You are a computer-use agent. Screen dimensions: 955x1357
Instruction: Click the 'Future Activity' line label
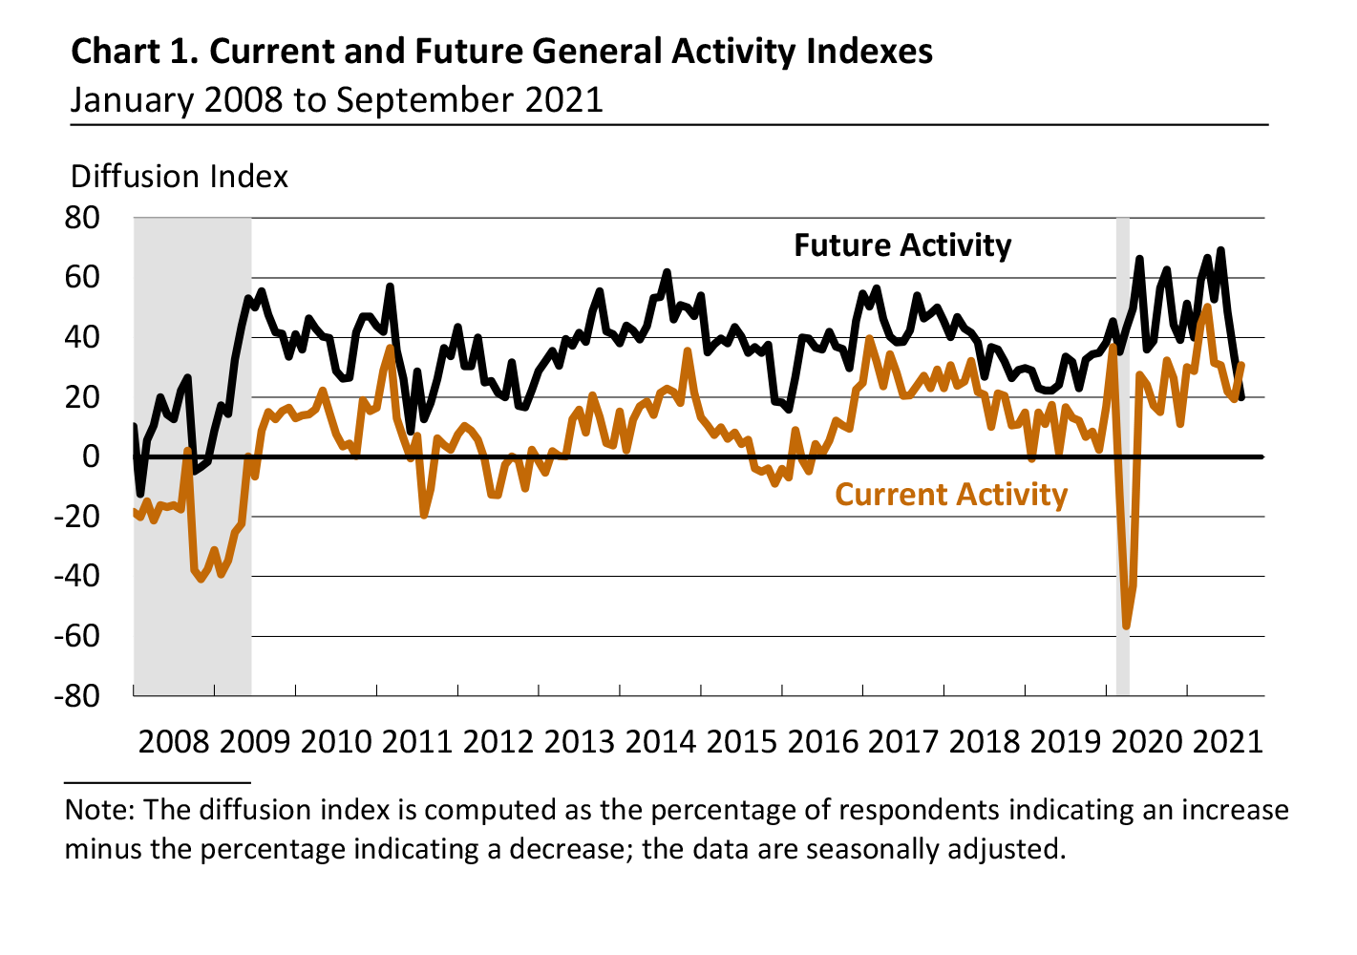point(902,245)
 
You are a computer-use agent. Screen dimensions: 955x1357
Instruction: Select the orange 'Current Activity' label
point(951,495)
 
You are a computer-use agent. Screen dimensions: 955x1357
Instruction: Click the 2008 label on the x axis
point(174,741)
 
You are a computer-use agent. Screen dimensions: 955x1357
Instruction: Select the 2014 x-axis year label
point(661,741)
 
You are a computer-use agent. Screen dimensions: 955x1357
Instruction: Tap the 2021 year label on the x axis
point(1228,741)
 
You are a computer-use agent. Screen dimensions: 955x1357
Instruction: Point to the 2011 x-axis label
point(417,741)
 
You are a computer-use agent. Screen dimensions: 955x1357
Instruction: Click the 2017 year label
point(904,741)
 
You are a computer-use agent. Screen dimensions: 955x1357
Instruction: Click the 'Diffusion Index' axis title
point(180,177)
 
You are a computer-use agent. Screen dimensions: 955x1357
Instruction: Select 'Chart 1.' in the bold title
point(134,51)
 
